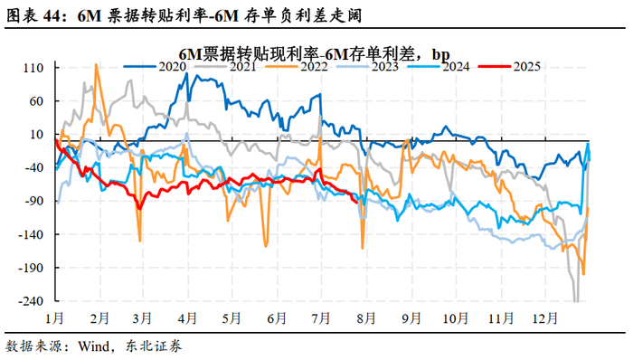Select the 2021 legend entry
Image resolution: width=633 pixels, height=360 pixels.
point(225,67)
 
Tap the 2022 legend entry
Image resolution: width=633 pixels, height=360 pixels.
point(297,67)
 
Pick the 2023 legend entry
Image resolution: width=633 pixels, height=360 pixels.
point(368,67)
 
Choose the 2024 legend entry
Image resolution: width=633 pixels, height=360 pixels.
point(439,67)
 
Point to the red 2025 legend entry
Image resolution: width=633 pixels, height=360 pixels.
point(509,67)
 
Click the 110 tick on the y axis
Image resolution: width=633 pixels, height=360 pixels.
point(33,68)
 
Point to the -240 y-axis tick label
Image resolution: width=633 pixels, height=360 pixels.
point(31,301)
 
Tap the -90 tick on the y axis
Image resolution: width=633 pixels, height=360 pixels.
point(33,201)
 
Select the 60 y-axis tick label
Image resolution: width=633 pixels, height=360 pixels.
point(36,101)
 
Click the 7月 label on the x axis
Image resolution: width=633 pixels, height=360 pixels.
point(321,318)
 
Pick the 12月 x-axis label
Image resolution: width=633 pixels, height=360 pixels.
point(545,318)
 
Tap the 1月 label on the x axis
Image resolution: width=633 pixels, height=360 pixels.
point(54,318)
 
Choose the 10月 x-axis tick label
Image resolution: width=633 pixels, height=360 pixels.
point(456,318)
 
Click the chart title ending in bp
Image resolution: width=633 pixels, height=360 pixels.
point(314,53)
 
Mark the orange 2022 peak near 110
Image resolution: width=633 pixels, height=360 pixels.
point(96,64)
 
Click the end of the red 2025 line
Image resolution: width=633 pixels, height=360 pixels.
point(356,202)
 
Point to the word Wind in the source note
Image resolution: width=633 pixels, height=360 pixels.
point(94,346)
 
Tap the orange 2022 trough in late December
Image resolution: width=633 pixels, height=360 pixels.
point(583,274)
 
